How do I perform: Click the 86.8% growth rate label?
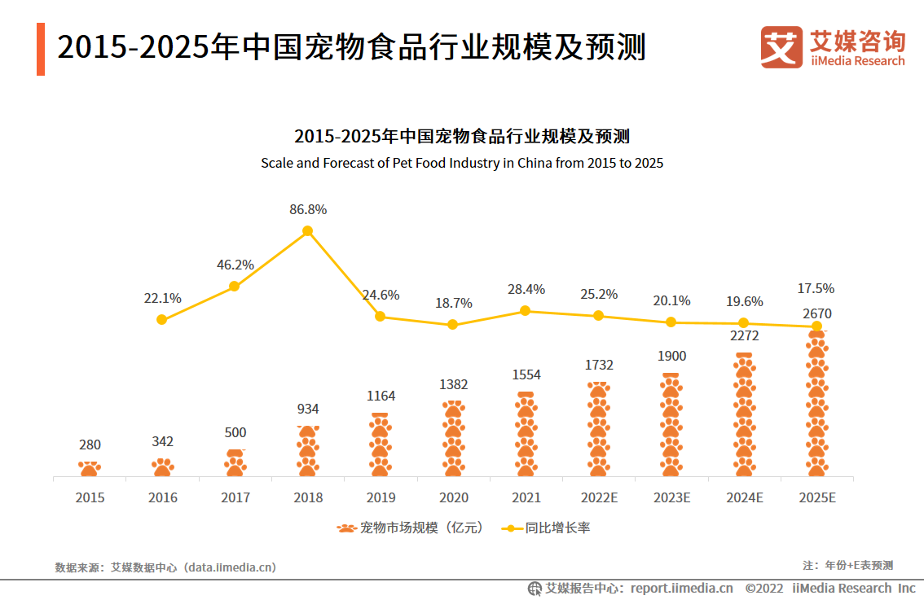pyautogui.click(x=308, y=209)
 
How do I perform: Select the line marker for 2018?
pyautogui.click(x=307, y=231)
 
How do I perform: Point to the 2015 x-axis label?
pyautogui.click(x=90, y=497)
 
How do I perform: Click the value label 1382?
pyautogui.click(x=453, y=383)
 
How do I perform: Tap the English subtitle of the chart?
pyautogui.click(x=462, y=163)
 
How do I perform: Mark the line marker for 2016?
pyautogui.click(x=161, y=319)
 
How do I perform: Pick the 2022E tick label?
pyautogui.click(x=598, y=497)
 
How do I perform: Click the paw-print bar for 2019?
pyautogui.click(x=381, y=445)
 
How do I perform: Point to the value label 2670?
pyautogui.click(x=816, y=313)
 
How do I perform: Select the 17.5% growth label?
pyautogui.click(x=816, y=288)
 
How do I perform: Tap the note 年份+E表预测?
pyautogui.click(x=847, y=565)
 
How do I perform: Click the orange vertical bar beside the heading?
pyautogui.click(x=41, y=49)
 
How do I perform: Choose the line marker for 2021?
pyautogui.click(x=525, y=311)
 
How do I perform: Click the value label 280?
pyautogui.click(x=90, y=445)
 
